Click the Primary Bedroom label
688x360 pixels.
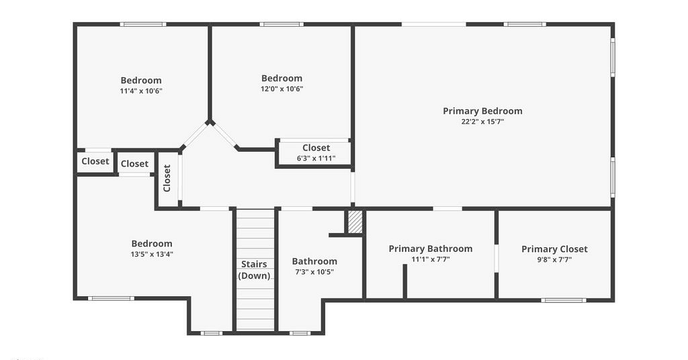[482, 111]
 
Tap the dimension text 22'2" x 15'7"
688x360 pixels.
[482, 122]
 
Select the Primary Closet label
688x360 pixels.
[554, 249]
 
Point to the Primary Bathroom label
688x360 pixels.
[431, 249]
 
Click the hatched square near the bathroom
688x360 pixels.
[355, 222]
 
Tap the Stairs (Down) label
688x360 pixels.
[254, 270]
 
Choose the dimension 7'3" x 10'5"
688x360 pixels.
[314, 272]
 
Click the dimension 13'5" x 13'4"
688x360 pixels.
[152, 255]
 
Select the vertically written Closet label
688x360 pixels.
[167, 178]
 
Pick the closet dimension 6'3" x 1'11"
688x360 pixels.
[316, 159]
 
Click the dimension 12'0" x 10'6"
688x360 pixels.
[282, 89]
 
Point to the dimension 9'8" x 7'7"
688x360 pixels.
[554, 259]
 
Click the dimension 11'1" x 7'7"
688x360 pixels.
[431, 259]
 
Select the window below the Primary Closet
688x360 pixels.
[564, 300]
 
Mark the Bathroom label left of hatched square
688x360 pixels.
[314, 261]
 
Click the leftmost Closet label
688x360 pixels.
[95, 161]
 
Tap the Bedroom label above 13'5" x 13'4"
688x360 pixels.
[152, 243]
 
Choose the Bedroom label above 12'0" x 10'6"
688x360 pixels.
[282, 78]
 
